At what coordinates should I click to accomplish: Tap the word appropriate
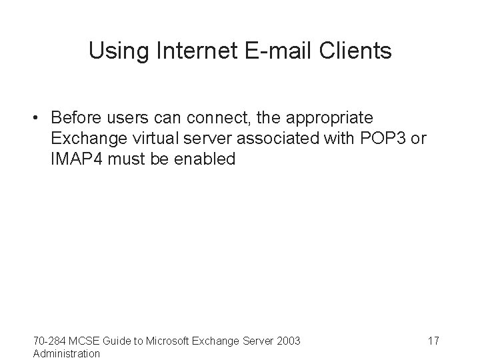tap(339, 118)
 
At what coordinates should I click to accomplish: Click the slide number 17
tap(433, 341)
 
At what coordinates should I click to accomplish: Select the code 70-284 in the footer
tap(51, 341)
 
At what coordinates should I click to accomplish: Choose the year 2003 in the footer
tap(288, 341)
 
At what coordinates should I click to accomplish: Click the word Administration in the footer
tap(67, 353)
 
